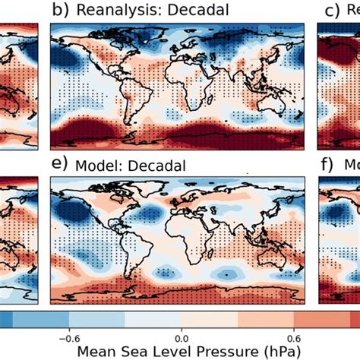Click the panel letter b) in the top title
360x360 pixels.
coord(59,10)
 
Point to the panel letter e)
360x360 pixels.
coord(59,164)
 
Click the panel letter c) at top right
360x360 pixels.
coord(332,10)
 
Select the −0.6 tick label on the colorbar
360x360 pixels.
coord(69,339)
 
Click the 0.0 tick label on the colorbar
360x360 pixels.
coord(181,339)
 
